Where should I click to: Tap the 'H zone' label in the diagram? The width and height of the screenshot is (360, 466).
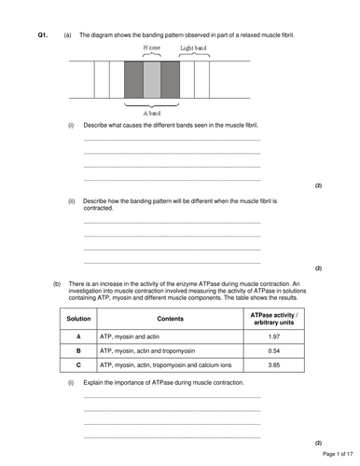pyautogui.click(x=151, y=46)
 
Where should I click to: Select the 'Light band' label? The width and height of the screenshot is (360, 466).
pyautogui.click(x=194, y=46)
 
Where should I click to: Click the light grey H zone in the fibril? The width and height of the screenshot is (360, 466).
pyautogui.click(x=151, y=80)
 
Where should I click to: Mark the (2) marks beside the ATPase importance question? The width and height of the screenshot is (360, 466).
pyautogui.click(x=318, y=443)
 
